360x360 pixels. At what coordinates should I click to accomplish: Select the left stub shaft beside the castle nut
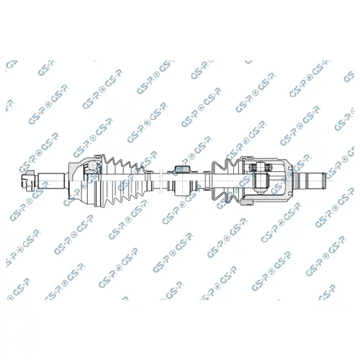point(51,181)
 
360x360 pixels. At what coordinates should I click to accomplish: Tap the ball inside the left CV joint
point(92,166)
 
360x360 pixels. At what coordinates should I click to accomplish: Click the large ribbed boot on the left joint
point(123,181)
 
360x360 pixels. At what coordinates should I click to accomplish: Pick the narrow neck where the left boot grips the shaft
point(149,181)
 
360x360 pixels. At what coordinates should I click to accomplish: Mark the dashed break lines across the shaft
point(161,181)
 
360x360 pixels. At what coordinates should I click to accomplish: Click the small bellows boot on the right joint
point(225,181)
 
